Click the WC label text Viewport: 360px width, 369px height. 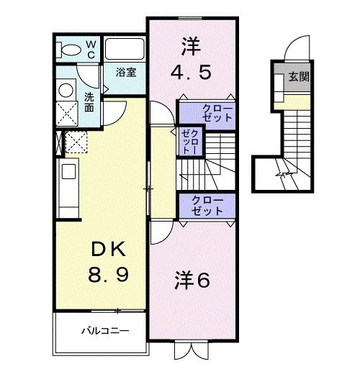point(91,48)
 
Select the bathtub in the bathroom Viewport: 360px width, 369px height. point(125,50)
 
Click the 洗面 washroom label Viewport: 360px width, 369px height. point(89,103)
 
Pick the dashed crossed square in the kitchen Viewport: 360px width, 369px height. point(76,143)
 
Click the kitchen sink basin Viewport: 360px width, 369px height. point(68,172)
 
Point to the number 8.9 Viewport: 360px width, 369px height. point(108,276)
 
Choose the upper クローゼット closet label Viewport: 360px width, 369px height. point(207,113)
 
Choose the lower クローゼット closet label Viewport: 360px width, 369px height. point(207,205)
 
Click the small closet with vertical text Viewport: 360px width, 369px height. point(189,143)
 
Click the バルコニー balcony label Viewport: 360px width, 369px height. point(103,332)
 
